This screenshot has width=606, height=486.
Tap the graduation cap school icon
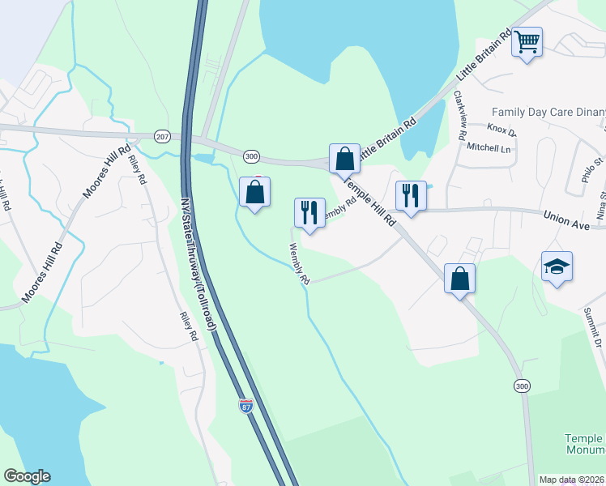pyautogui.click(x=557, y=266)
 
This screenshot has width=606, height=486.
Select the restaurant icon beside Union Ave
pyautogui.click(x=411, y=195)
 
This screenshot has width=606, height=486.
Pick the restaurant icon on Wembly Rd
pyautogui.click(x=309, y=212)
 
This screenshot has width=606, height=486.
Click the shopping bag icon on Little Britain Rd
pyautogui.click(x=344, y=158)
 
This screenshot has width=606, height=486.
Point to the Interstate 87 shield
pyautogui.click(x=247, y=407)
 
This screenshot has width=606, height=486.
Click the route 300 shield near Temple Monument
pyautogui.click(x=522, y=387)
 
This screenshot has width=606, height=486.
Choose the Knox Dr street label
pyautogui.click(x=501, y=130)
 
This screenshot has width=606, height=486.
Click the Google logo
pyautogui.click(x=27, y=476)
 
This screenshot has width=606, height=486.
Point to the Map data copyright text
pyautogui.click(x=571, y=480)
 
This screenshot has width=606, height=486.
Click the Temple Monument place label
pyautogui.click(x=584, y=444)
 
